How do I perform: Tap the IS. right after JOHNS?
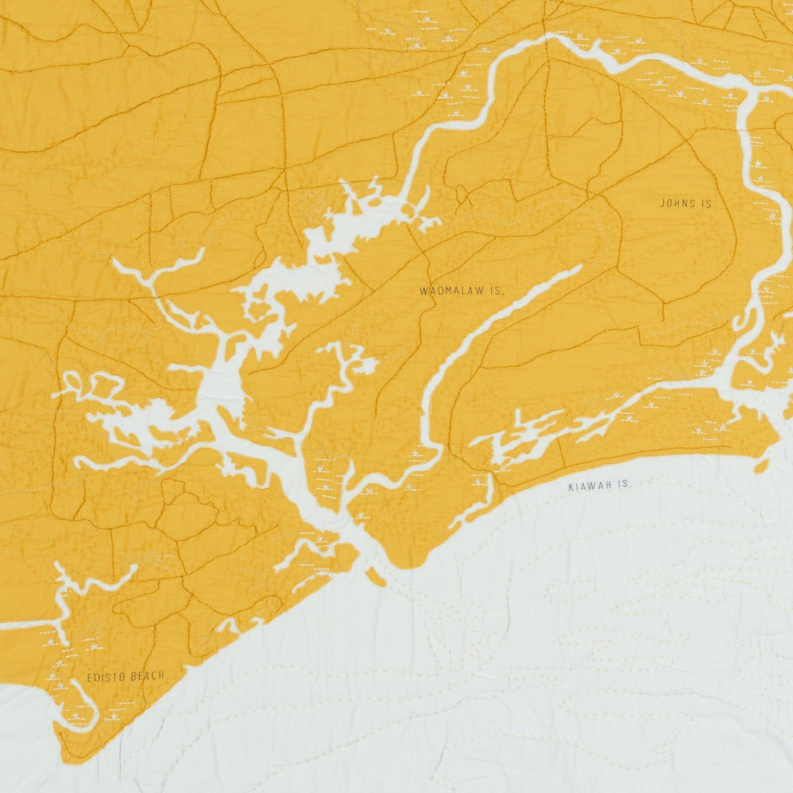point(709,203)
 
